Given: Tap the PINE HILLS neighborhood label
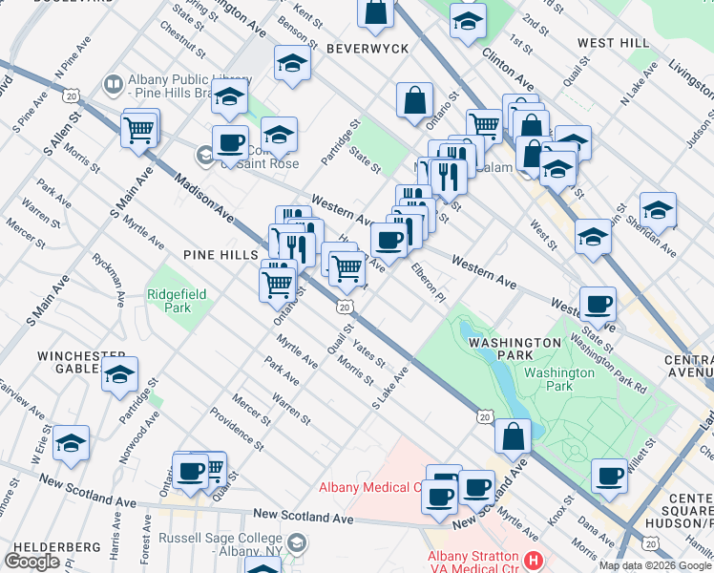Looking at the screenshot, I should [x=221, y=255].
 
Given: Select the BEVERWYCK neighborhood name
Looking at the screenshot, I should [x=367, y=48].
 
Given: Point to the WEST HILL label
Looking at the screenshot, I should [x=613, y=43].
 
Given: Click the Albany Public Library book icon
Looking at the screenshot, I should [x=113, y=85].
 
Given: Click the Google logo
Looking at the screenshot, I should [x=31, y=562].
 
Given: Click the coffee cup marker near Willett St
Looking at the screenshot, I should [x=609, y=474].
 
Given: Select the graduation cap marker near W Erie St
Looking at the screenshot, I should [x=72, y=442].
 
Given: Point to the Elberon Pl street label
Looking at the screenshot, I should [x=429, y=283].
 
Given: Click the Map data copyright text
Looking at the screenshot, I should [x=656, y=565].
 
